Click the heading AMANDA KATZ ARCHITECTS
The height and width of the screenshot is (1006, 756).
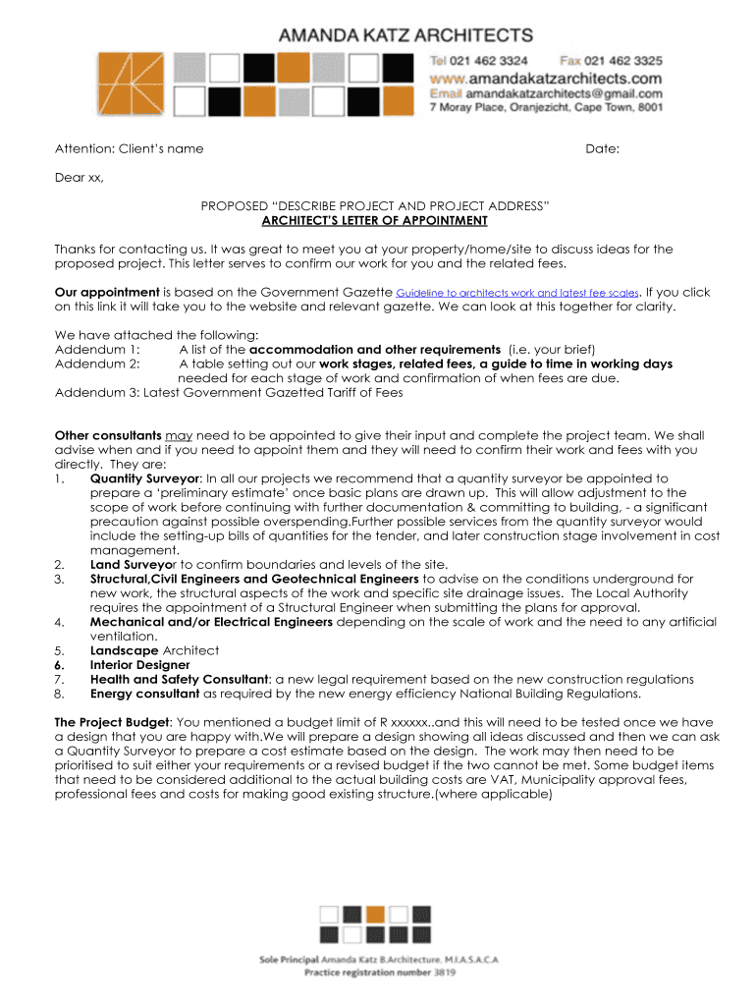(x=406, y=35)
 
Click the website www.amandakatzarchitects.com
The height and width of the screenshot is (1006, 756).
(x=546, y=77)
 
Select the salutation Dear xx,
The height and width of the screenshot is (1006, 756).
(x=79, y=178)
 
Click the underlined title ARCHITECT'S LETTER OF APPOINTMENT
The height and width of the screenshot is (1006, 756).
(x=374, y=221)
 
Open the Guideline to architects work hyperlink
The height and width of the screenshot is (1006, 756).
(x=516, y=293)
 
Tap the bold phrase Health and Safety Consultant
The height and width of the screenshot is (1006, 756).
(x=180, y=679)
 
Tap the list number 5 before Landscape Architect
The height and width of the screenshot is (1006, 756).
(x=60, y=650)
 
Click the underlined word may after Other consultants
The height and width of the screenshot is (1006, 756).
(x=178, y=435)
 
